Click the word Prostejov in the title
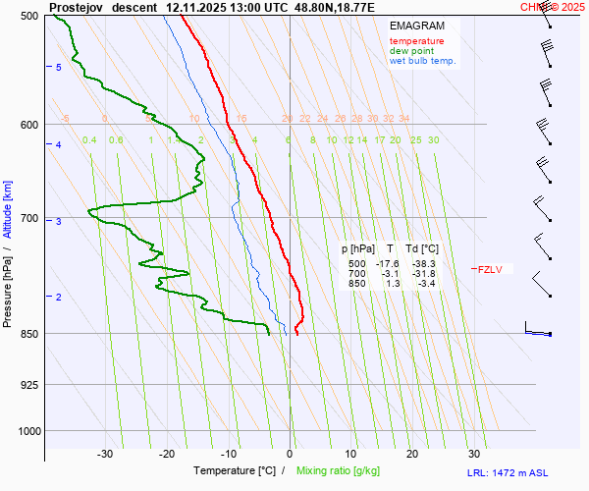pyautogui.click(x=77, y=6)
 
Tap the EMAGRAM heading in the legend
pyautogui.click(x=416, y=26)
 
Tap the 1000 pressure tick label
pyautogui.click(x=27, y=431)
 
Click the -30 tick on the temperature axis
pyautogui.click(x=105, y=454)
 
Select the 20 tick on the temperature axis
pyautogui.click(x=412, y=454)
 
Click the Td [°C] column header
pyautogui.click(x=424, y=249)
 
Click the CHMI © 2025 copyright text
pyautogui.click(x=553, y=6)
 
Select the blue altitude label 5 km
pyautogui.click(x=58, y=67)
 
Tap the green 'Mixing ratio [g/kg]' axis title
pyautogui.click(x=344, y=471)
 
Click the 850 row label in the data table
pyautogui.click(x=356, y=284)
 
